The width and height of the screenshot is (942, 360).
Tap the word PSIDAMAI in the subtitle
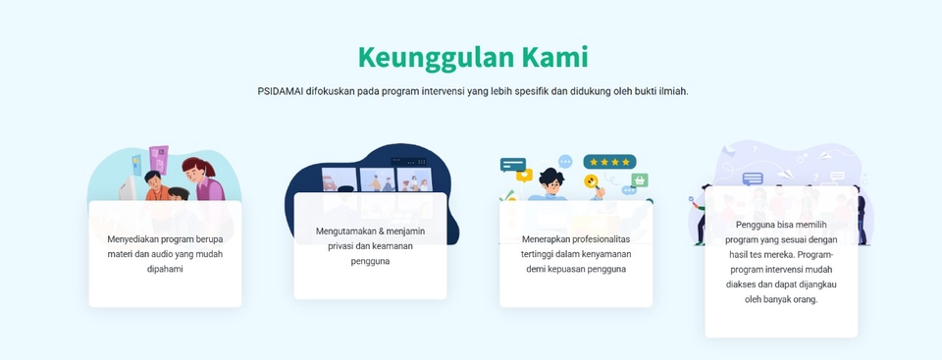(x=281, y=91)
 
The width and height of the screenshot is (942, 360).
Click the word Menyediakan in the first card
(x=135, y=238)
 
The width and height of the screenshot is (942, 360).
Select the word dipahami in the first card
(x=165, y=268)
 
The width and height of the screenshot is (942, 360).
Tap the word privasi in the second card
(x=344, y=245)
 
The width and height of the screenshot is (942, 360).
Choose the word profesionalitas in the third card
(x=597, y=238)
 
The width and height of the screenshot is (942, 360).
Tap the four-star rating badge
(x=609, y=161)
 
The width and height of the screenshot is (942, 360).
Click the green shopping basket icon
(x=641, y=180)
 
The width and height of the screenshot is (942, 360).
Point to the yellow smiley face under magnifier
(x=592, y=181)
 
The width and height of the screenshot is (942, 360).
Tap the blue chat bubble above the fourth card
(x=753, y=179)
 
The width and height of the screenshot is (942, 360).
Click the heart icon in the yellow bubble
(x=524, y=176)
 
